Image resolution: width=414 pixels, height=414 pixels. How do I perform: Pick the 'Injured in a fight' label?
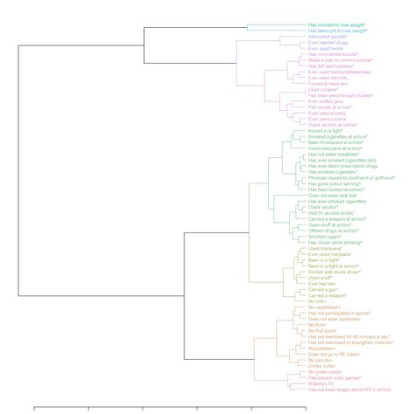click(325, 131)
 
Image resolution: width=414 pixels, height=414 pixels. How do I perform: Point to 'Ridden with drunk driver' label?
click(335, 272)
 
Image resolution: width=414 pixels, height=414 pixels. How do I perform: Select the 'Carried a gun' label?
click(324, 289)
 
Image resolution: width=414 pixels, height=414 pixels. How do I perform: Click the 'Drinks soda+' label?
click(322, 366)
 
